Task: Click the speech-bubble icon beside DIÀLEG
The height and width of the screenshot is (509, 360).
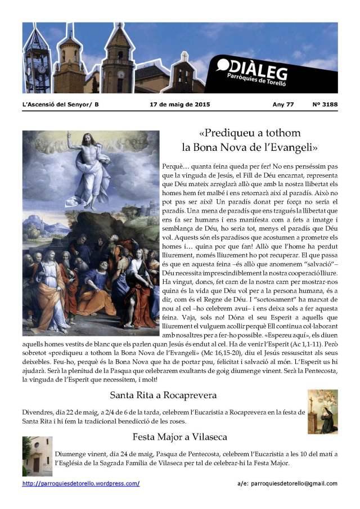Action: click(223, 66)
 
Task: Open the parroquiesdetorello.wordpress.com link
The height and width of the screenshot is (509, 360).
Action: click(81, 483)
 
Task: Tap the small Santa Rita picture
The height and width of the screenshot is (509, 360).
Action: click(322, 411)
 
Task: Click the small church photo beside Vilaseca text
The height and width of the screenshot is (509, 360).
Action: click(37, 456)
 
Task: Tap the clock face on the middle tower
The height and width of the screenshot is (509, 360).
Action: click(120, 74)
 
